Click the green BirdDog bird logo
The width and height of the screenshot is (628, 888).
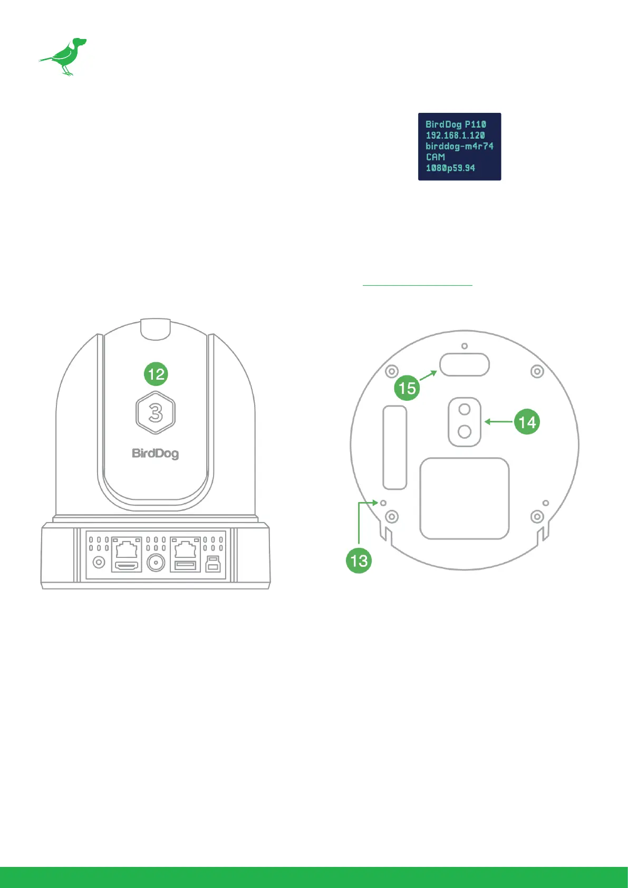click(x=63, y=56)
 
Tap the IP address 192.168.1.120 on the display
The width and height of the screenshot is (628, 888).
click(x=455, y=136)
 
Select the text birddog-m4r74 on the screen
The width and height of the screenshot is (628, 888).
click(x=459, y=146)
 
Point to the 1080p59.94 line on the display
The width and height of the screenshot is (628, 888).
click(x=450, y=168)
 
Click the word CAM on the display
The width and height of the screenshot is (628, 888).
click(x=435, y=157)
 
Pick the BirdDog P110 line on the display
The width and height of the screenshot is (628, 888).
click(x=456, y=124)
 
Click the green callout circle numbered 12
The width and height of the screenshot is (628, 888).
click(x=156, y=374)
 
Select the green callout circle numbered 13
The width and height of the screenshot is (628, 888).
click(x=359, y=560)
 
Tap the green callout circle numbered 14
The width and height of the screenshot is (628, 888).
click(x=527, y=422)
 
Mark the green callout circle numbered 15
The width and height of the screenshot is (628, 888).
click(x=407, y=388)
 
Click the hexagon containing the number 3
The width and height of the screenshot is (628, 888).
click(x=156, y=413)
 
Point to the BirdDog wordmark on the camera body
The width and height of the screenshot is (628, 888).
click(x=155, y=453)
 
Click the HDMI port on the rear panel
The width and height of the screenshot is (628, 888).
click(x=127, y=565)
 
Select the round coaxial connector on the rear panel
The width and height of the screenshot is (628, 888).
click(x=156, y=563)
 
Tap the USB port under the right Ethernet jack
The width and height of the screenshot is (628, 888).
click(x=185, y=566)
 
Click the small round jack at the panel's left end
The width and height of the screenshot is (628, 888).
click(x=99, y=563)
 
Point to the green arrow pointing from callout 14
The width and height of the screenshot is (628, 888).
click(x=498, y=422)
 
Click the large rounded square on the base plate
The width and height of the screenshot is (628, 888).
click(x=464, y=498)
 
